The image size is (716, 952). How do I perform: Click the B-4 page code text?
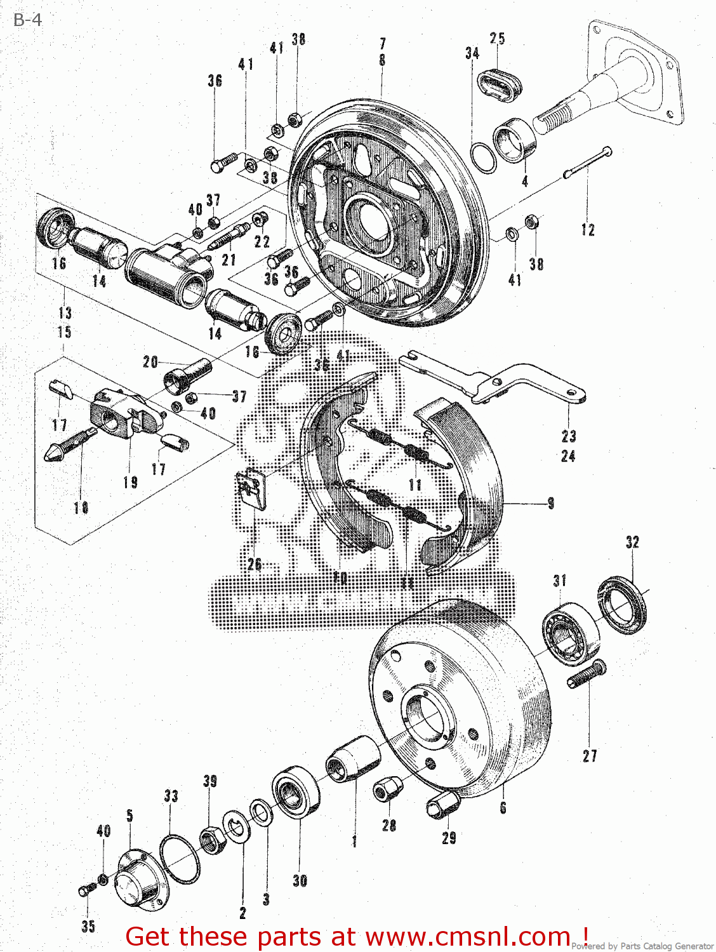tap(27, 20)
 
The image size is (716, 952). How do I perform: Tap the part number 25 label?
tap(497, 39)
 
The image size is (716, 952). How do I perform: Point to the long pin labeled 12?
tap(587, 162)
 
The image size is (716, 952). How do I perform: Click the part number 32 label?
tap(632, 542)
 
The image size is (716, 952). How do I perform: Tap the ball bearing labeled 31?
tap(571, 633)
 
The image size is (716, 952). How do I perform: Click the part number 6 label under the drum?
tap(503, 808)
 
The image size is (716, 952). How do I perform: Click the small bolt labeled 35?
tap(86, 890)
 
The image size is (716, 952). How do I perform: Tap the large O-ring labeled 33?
tap(179, 859)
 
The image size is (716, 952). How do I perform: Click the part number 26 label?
tap(255, 564)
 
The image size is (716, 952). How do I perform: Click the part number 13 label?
tap(65, 313)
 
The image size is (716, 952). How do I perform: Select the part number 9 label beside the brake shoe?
tap(550, 503)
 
